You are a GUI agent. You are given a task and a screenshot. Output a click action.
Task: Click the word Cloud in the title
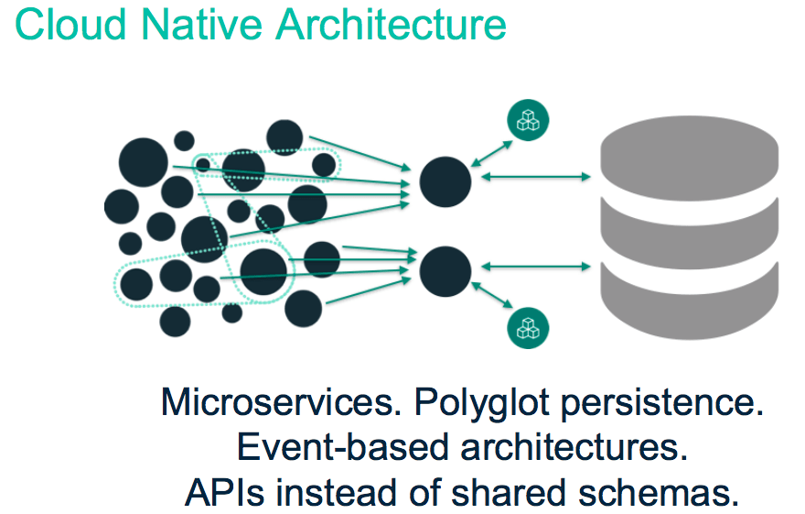point(70,24)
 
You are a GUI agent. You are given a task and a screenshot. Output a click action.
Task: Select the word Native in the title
point(200,24)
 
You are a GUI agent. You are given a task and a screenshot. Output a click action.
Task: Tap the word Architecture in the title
point(391,24)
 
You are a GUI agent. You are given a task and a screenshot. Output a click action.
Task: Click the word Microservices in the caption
point(281,401)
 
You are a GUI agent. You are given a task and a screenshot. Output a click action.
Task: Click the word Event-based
point(343,446)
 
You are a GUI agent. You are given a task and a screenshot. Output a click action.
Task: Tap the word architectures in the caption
point(574,446)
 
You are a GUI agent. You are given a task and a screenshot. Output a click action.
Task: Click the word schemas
point(659,492)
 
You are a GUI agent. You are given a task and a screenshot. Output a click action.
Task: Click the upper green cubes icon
point(528,120)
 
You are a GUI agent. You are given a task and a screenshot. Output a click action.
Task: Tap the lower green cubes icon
point(528,328)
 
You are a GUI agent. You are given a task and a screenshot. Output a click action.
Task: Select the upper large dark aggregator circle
point(445,182)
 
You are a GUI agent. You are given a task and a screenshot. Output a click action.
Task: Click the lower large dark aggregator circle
point(445,271)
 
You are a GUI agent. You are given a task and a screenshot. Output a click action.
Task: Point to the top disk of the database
point(690,158)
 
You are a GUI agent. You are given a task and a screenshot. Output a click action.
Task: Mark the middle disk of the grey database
point(690,234)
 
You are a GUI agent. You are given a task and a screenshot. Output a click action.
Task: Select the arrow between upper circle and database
point(535,177)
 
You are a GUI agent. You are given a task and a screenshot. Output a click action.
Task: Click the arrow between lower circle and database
point(535,267)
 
